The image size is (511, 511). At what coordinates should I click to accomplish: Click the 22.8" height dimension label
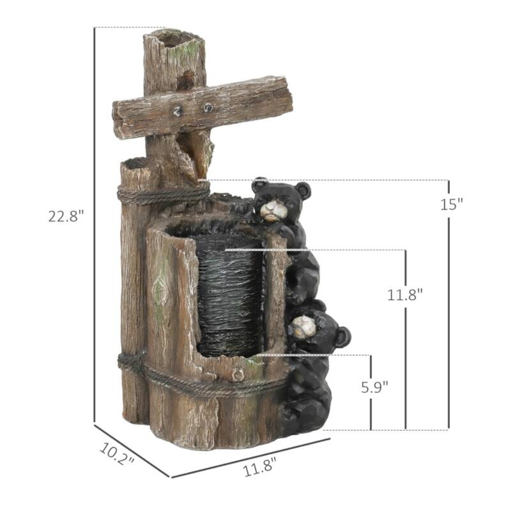coord(66,216)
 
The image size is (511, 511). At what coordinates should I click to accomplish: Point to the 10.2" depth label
coord(117,453)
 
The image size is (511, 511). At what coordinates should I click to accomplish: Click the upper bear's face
coord(273,208)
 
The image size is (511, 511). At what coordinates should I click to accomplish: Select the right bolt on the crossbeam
coord(208,107)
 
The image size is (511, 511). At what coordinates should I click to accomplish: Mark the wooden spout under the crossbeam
coord(201,153)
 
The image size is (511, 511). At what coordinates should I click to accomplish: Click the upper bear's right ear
coord(303,190)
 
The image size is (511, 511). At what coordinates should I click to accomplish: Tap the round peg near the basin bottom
coord(238,375)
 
